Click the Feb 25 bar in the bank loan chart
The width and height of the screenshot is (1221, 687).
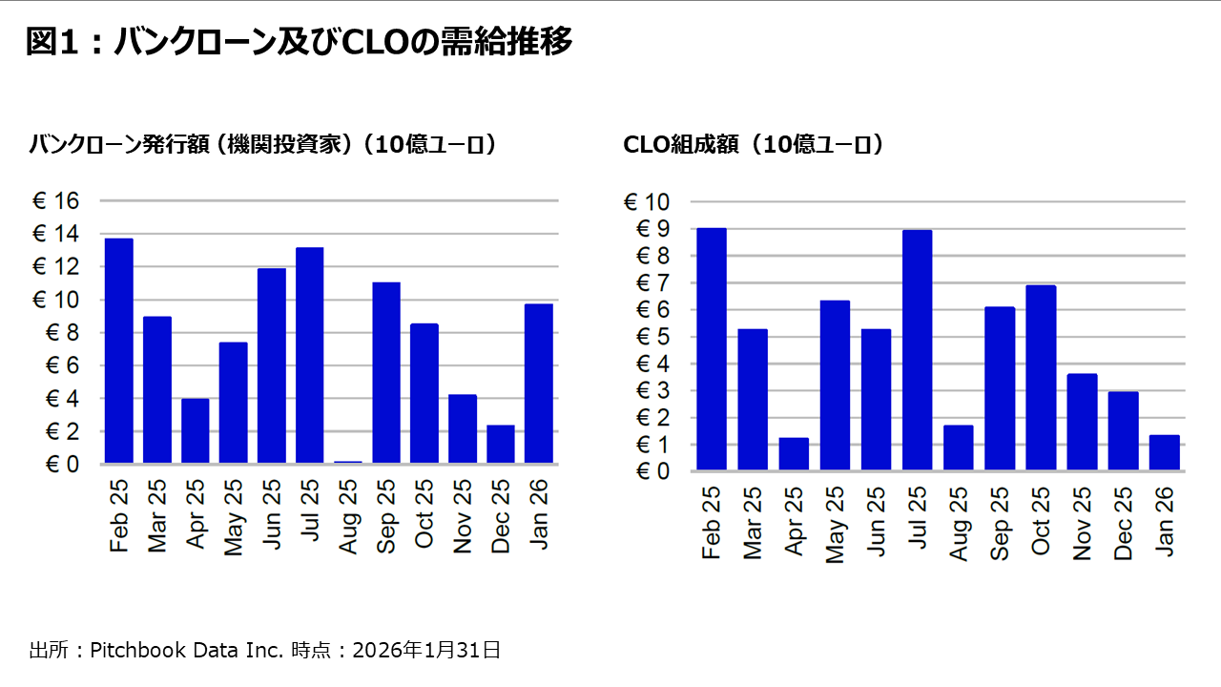pyautogui.click(x=118, y=351)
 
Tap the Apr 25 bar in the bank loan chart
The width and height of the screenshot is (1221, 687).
pyautogui.click(x=195, y=431)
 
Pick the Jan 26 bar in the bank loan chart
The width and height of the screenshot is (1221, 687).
pyautogui.click(x=538, y=384)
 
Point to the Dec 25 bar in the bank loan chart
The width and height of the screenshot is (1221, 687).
pyautogui.click(x=500, y=445)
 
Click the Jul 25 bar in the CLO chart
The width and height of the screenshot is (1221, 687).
pyautogui.click(x=917, y=350)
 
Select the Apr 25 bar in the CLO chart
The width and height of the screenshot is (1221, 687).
pyautogui.click(x=794, y=454)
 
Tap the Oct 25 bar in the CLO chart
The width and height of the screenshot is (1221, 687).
pyautogui.click(x=1041, y=378)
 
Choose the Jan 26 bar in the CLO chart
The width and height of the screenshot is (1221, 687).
pyautogui.click(x=1164, y=452)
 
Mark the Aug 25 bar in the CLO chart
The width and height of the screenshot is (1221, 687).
pyautogui.click(x=958, y=448)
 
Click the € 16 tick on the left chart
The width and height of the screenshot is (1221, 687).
pyautogui.click(x=57, y=201)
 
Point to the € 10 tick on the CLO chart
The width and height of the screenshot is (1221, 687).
pyautogui.click(x=647, y=202)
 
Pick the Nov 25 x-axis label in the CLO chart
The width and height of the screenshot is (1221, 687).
pyautogui.click(x=1082, y=526)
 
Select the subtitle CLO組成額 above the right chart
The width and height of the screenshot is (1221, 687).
pyautogui.click(x=753, y=144)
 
